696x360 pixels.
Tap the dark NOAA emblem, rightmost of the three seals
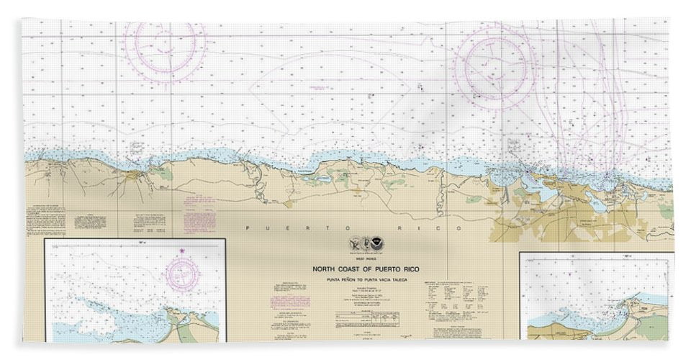click(x=380, y=246)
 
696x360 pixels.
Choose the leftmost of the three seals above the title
click(x=354, y=246)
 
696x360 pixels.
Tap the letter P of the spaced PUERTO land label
click(x=247, y=228)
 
